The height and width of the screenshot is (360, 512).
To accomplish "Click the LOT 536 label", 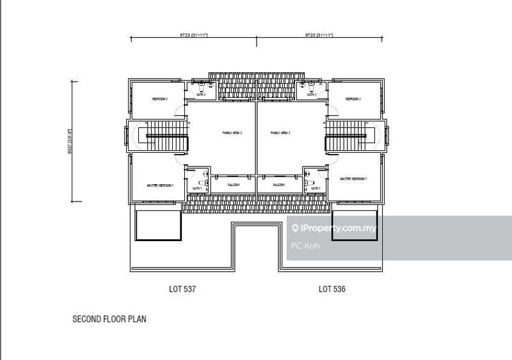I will coord(333,290).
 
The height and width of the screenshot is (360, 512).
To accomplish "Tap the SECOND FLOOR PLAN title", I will coord(109,318).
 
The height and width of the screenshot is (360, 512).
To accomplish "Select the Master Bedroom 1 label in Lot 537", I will coord(160,185).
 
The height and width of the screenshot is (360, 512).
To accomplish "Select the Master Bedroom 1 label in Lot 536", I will coord(353,180).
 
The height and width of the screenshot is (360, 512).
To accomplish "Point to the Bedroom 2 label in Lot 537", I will coord(159,99).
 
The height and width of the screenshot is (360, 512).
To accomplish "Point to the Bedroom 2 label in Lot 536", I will coord(353,99).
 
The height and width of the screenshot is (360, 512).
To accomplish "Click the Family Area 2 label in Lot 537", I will coord(232,133).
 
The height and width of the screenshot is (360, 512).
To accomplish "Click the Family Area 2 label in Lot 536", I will coord(280,133).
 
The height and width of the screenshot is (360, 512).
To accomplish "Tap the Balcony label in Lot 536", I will coord(278,185).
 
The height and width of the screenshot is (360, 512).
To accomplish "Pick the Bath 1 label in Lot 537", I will coord(197,189).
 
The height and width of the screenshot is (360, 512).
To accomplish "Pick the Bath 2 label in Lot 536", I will coord(312,95).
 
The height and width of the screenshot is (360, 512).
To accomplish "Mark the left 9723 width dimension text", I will coord(194,36).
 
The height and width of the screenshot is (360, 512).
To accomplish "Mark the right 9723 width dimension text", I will coord(319,36).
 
